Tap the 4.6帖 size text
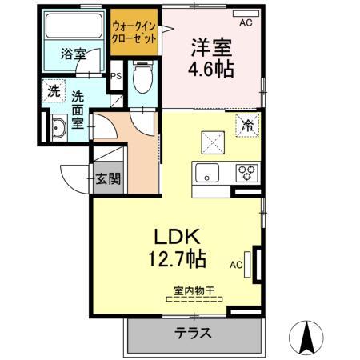(211, 69)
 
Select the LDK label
(178, 238)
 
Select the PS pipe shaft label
(116, 76)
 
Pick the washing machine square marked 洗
(53, 91)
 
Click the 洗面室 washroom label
(78, 109)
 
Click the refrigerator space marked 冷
(249, 125)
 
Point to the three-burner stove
(245, 170)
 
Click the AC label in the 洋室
(246, 22)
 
